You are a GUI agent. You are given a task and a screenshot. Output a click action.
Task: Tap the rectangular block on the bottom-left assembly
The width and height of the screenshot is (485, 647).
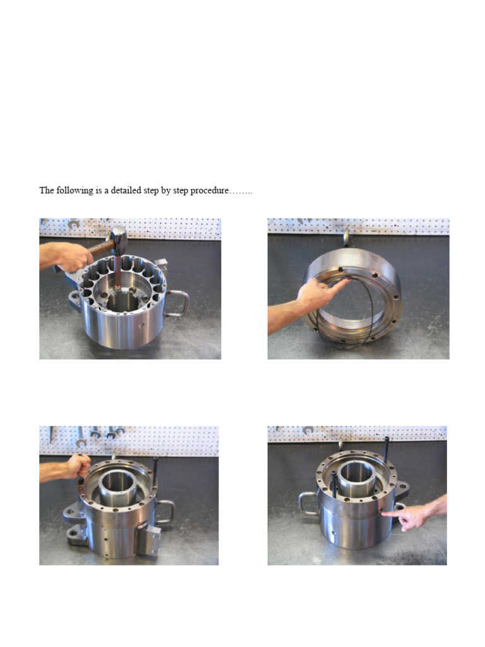(147, 536)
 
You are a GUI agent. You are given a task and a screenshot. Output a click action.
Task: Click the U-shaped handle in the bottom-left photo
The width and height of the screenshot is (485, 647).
(165, 511)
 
